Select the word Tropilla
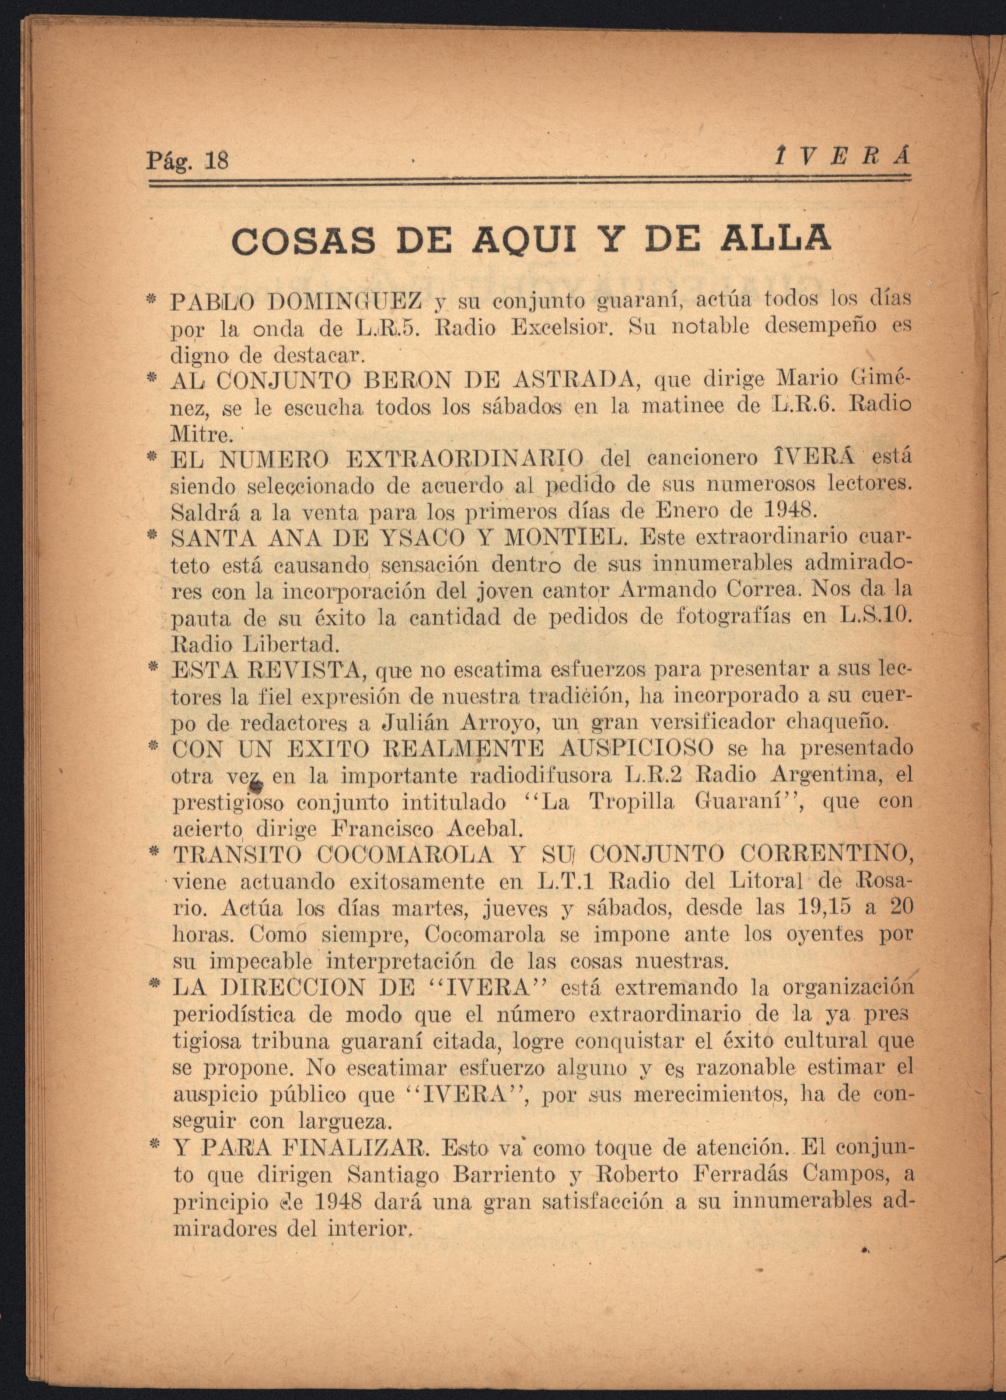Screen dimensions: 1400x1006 tap(631, 802)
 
